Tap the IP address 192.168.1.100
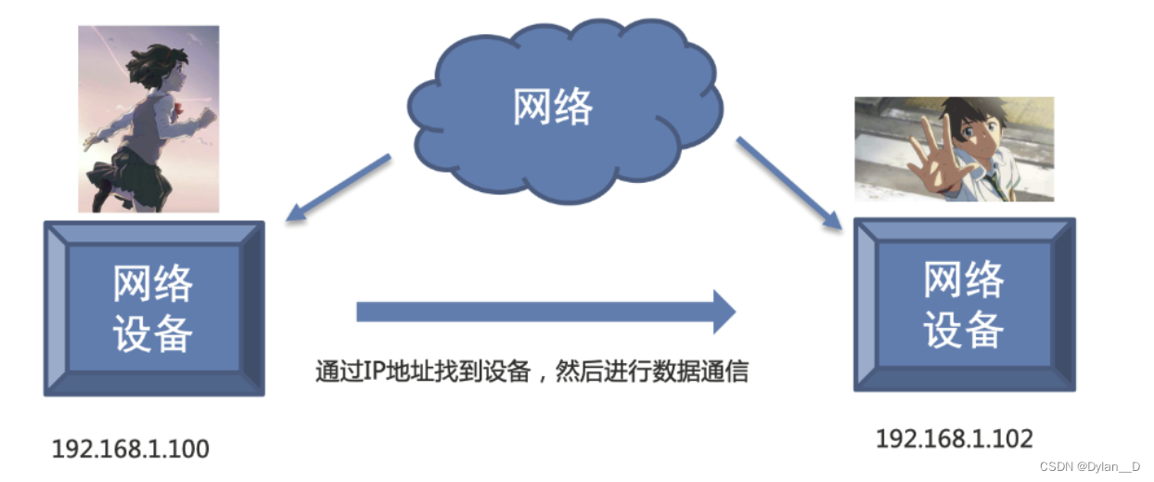131,449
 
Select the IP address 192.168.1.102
955,437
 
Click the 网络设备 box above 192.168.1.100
154,308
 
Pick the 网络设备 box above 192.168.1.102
964,305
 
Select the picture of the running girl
148,119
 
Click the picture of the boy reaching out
954,149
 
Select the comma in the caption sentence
542,377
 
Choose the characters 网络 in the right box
964,279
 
